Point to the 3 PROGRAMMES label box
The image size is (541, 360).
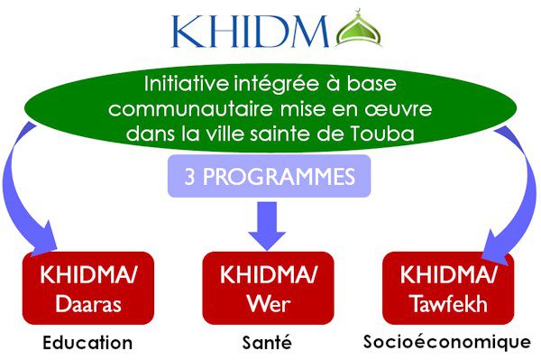(x=269, y=177)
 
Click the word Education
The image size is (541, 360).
(x=87, y=343)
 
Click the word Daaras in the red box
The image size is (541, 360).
(x=87, y=304)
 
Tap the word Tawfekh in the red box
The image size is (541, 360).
(x=445, y=304)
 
